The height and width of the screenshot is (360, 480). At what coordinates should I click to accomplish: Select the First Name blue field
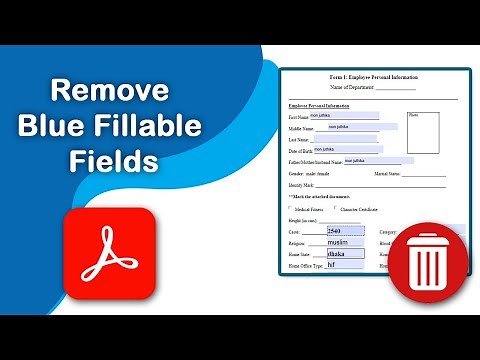pos(345,116)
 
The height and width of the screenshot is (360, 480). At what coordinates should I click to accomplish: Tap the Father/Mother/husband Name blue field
pos(379,160)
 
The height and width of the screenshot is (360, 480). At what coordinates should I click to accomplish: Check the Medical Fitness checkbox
pos(290,208)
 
